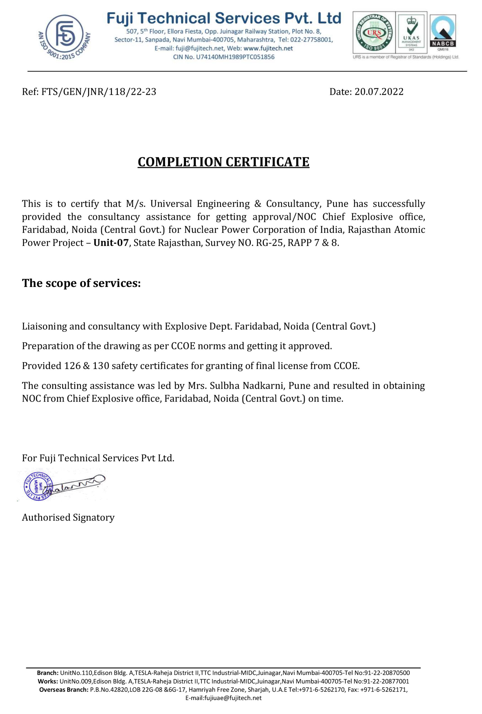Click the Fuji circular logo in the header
click(64, 36)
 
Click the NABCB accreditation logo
click(442, 31)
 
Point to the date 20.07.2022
click(379, 91)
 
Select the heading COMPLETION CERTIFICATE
click(224, 162)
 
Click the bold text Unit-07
click(111, 243)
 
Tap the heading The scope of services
click(81, 283)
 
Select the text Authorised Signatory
click(68, 517)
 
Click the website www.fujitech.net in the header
click(268, 48)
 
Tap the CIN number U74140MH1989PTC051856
click(235, 57)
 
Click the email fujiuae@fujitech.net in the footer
click(223, 698)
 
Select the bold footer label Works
click(48, 681)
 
